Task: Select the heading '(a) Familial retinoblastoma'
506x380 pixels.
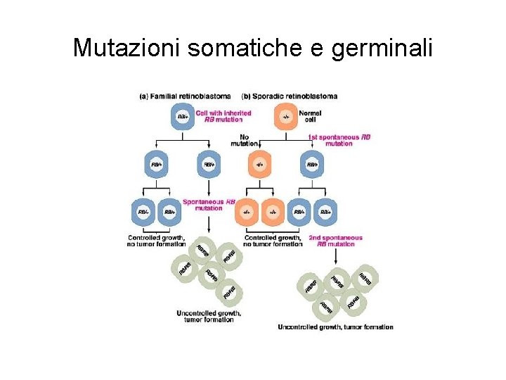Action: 186,96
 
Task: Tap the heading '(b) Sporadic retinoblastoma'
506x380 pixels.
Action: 289,96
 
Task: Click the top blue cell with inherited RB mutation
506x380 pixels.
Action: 182,116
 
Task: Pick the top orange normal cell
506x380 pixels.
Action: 285,116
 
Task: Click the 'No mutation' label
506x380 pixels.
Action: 244,140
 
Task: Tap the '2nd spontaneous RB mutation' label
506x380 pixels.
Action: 336,241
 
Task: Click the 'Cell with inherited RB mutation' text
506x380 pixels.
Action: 223,116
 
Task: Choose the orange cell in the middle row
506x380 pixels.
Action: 260,165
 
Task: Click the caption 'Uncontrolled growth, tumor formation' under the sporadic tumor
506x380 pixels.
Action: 335,327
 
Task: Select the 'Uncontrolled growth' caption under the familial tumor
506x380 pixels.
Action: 209,316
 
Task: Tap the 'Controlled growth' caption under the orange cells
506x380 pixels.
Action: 273,241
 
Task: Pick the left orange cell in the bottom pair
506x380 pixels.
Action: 247,211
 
